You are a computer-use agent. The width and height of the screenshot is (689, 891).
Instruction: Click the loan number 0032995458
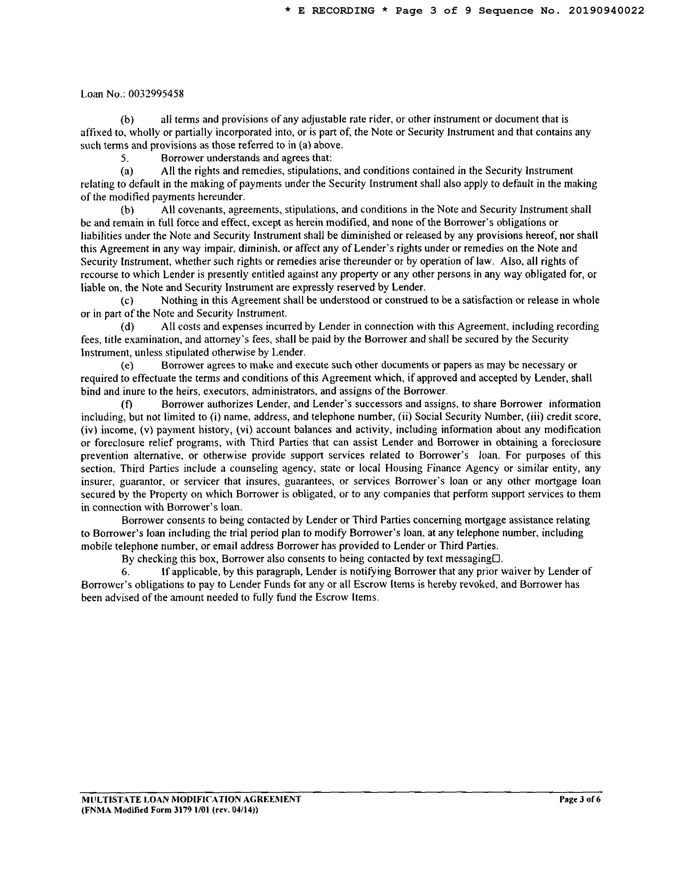156,94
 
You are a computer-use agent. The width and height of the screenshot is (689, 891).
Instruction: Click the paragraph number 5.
125,158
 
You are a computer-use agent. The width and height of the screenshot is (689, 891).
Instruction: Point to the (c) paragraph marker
127,301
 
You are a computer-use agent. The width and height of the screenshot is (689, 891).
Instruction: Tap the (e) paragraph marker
127,365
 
